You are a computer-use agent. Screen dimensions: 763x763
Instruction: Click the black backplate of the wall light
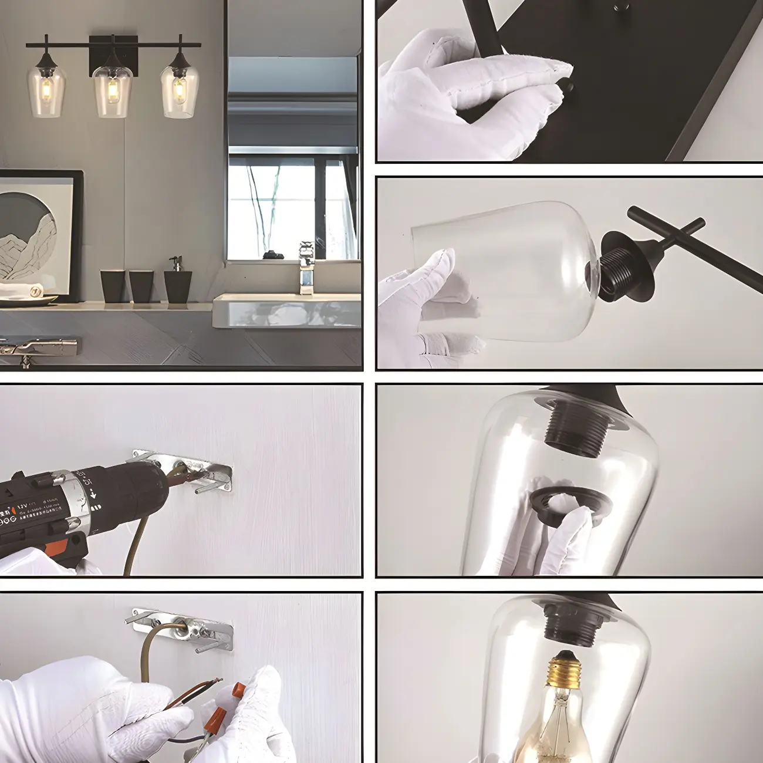106,56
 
